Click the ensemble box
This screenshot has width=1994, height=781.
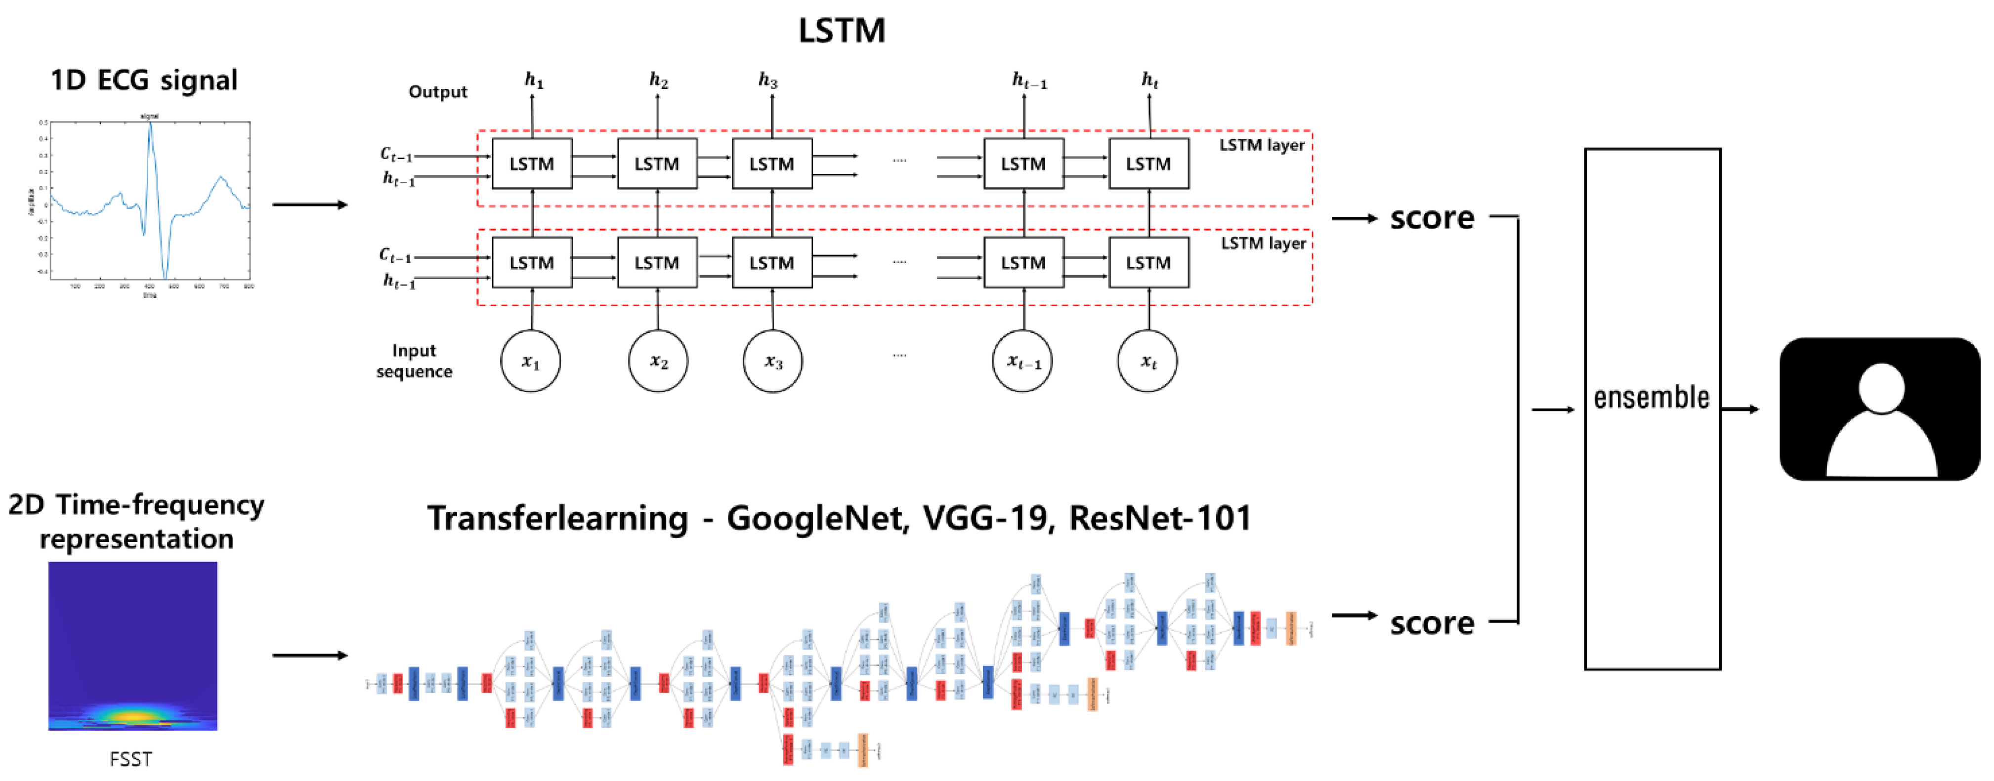[1652, 408]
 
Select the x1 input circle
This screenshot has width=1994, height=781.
[530, 361]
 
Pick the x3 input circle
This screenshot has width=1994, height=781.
[772, 361]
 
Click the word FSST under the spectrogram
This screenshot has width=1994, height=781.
[131, 759]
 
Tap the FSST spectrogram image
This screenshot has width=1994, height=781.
[132, 646]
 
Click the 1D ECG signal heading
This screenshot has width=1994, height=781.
[144, 80]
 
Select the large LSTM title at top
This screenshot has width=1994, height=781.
[842, 31]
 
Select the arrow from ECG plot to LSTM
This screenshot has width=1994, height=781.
[310, 205]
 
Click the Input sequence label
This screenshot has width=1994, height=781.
[414, 361]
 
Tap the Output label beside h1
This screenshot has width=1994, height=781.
[437, 91]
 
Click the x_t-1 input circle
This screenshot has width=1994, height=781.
[1022, 361]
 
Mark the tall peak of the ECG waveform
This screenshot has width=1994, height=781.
[150, 126]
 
